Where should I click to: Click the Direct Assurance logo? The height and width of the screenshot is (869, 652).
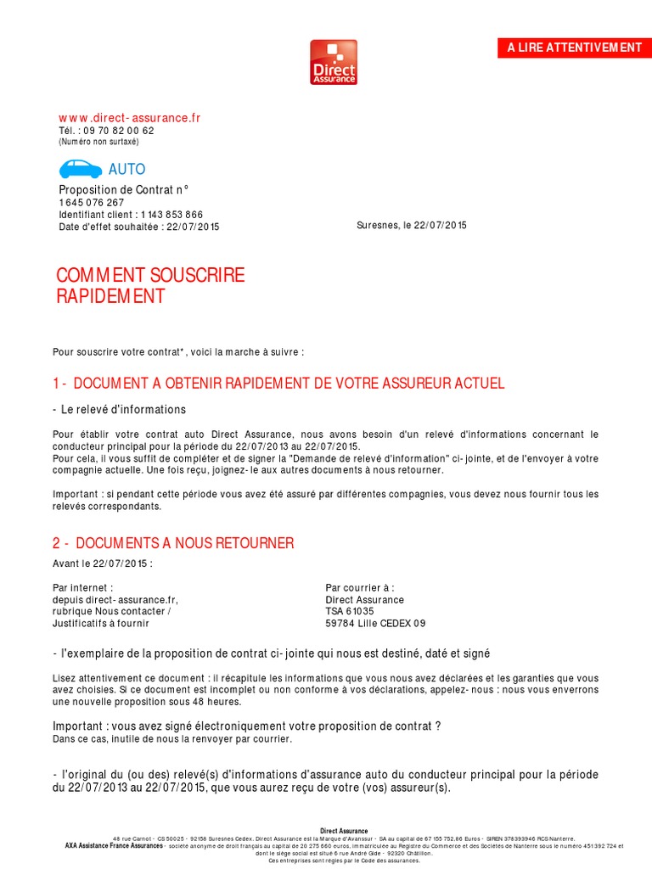click(333, 62)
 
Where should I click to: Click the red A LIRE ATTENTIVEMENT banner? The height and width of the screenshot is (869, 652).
click(574, 48)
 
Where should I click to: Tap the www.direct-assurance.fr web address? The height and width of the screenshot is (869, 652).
click(129, 118)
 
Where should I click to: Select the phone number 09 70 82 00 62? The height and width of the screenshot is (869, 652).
click(119, 131)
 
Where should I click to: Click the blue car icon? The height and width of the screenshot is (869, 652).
click(80, 168)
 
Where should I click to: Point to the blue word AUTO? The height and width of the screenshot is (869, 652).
click(126, 170)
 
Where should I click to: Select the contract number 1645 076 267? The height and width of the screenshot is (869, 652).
click(91, 203)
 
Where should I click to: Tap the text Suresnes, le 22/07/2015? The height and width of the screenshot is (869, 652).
click(412, 226)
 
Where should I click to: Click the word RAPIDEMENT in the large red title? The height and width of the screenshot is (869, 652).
click(110, 297)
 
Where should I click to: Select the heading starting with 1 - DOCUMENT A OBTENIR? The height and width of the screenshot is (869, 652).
click(278, 384)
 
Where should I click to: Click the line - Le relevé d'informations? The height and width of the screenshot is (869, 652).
click(119, 409)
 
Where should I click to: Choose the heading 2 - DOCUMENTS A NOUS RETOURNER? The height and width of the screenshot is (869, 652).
click(173, 543)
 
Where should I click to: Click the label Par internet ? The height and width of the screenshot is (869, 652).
click(82, 587)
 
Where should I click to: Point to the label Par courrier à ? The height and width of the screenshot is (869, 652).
click(360, 587)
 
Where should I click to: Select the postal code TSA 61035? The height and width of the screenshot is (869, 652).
click(350, 611)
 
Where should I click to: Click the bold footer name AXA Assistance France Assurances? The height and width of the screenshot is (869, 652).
click(115, 846)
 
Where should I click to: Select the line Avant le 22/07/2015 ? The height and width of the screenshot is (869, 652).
click(103, 563)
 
